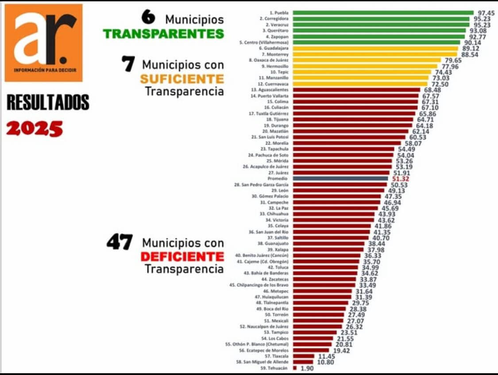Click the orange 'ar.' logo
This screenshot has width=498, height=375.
coord(43,43)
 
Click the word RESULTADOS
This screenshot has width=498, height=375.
coord(48,102)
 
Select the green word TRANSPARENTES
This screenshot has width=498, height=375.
coord(163,34)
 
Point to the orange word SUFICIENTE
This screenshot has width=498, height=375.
coord(182,78)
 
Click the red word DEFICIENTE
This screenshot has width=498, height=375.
coord(182,256)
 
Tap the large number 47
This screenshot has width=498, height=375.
coord(120,243)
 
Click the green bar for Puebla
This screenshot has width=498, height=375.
coord(383,13)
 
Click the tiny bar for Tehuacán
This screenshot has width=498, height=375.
coord(295,368)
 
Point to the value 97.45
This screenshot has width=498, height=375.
coord(486,13)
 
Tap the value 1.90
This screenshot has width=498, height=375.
coord(307,368)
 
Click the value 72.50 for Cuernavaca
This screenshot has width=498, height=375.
coord(439,84)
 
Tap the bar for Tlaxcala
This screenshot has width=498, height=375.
coord(304,356)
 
